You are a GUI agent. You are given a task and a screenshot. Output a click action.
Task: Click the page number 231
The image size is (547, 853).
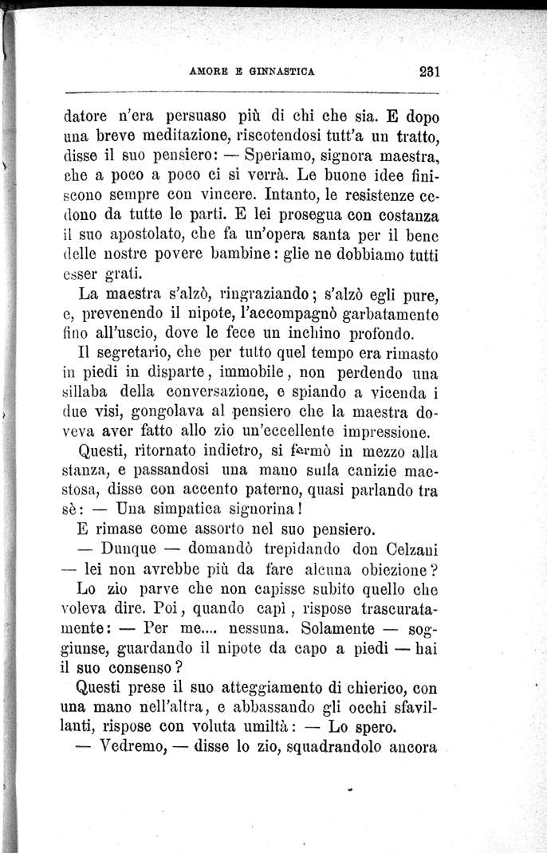pos(429,70)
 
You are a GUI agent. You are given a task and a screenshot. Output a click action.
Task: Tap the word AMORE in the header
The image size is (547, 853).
pos(210,70)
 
